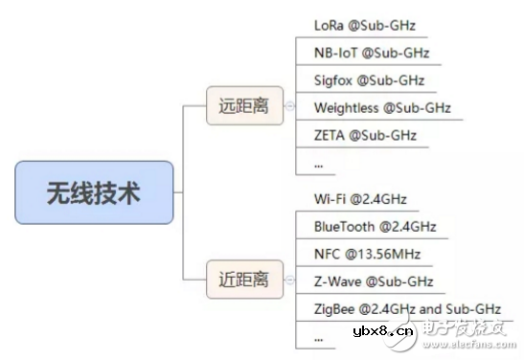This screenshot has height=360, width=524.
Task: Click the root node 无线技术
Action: point(94,192)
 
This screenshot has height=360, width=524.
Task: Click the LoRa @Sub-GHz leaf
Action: point(365,26)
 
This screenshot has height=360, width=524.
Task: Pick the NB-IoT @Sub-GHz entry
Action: point(372,53)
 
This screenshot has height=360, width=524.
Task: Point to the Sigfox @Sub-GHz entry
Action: point(369,80)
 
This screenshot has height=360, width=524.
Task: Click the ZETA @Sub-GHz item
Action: point(365,135)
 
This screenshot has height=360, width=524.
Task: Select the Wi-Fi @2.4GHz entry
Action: point(360,199)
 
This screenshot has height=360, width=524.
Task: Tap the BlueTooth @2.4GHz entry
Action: point(375,227)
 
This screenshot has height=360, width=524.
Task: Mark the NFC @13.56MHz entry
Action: point(367,255)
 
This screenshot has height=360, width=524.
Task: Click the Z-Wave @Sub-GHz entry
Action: point(374,281)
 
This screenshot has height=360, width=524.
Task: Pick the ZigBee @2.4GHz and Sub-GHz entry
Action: point(406,309)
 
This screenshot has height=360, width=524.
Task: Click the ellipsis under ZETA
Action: point(319,163)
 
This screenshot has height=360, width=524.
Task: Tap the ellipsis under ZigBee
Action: point(319,336)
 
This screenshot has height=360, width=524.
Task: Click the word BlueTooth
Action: point(346,227)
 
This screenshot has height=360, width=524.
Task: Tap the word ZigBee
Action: point(335,309)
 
